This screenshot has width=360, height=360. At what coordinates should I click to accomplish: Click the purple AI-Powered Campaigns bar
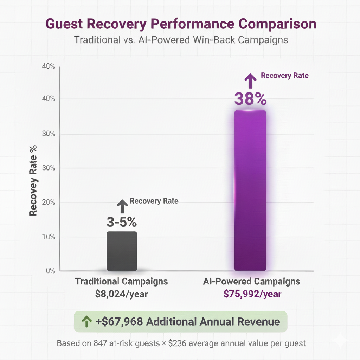(250, 190)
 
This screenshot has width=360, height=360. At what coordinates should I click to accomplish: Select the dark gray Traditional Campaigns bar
(122, 251)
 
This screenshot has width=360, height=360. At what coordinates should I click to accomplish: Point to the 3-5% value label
(122, 222)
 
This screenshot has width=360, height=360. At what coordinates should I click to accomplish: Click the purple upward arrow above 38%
(250, 81)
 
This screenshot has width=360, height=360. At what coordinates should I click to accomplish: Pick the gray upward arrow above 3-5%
(122, 206)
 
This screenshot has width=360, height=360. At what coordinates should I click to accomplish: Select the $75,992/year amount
(252, 294)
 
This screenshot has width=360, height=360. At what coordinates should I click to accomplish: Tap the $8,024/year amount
(122, 294)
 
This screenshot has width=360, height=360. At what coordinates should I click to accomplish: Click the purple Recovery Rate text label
(285, 76)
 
